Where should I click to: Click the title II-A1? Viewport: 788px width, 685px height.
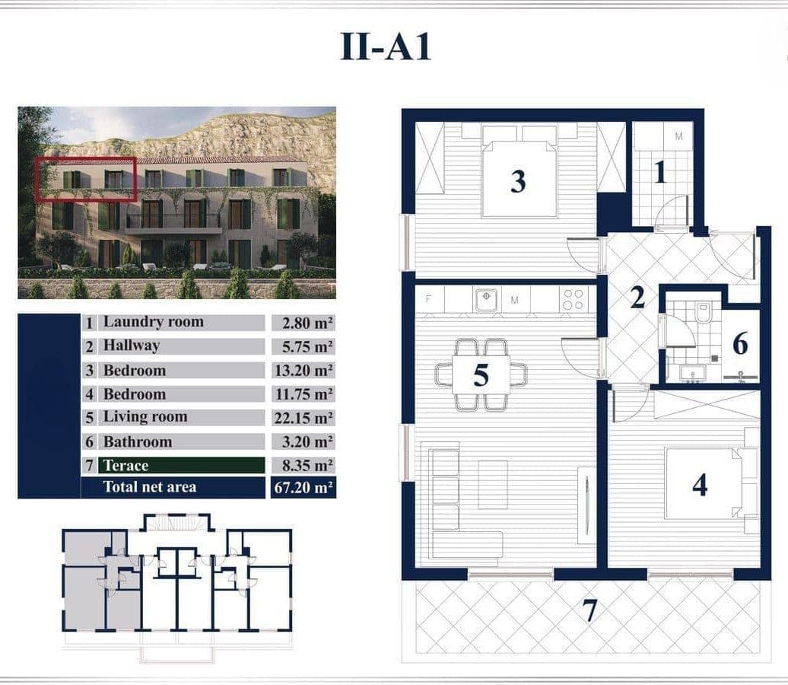point(386,46)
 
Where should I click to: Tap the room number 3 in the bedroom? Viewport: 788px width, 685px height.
point(518,182)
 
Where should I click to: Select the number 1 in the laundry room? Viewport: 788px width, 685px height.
point(660,174)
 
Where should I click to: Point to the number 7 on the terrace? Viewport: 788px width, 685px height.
point(589,610)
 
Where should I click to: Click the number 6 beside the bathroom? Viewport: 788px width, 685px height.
point(740,344)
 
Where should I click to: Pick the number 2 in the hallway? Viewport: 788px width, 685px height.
point(637,297)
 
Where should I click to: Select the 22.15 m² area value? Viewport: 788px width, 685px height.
point(303,418)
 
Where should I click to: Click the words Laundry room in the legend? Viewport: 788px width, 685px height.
point(153,322)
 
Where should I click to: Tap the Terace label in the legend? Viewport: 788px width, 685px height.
point(126,465)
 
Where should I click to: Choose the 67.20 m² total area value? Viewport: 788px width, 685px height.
point(303,487)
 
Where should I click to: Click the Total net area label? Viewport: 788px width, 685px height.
point(149,487)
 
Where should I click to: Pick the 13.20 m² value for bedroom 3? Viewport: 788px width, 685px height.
point(303,371)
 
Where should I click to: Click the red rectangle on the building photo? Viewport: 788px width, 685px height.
point(85,180)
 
